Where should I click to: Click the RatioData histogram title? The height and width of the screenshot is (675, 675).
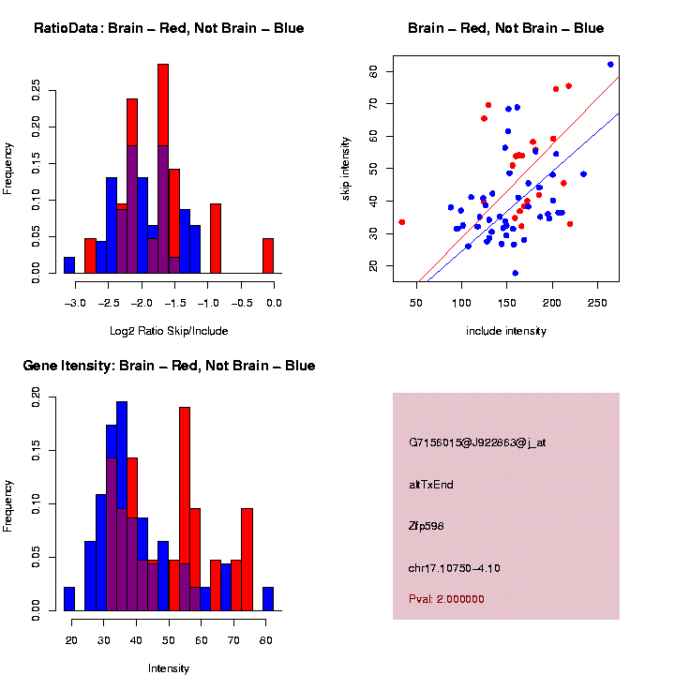tap(169, 28)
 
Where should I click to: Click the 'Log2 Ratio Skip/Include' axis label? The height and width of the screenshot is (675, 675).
tap(169, 331)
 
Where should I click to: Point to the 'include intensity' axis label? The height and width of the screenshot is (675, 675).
tap(506, 331)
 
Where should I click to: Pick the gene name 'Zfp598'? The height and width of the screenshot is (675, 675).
tap(427, 526)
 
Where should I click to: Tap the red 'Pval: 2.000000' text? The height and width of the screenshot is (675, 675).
tap(447, 599)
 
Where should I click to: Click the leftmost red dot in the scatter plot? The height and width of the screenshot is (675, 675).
tap(402, 222)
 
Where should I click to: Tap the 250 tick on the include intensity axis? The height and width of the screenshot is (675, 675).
tap(598, 303)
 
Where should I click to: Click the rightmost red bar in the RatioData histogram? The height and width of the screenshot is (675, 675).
tap(268, 255)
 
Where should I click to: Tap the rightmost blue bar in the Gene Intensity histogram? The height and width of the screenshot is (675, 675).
tap(268, 599)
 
